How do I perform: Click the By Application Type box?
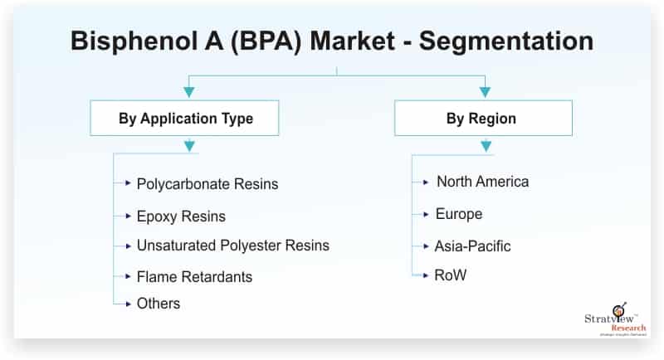click(184, 119)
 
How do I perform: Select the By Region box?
click(482, 119)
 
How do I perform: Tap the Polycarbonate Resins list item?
click(207, 183)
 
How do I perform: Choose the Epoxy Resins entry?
click(181, 216)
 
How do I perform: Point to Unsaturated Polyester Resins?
click(232, 246)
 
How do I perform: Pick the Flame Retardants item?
click(194, 276)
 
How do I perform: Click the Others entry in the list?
click(159, 304)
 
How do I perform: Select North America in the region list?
click(482, 182)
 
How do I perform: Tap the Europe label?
click(458, 214)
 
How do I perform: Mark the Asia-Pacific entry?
click(472, 246)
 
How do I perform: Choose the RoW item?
click(451, 275)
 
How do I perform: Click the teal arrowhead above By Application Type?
click(190, 91)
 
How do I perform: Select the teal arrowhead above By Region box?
click(486, 91)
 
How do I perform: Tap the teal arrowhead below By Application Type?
click(190, 147)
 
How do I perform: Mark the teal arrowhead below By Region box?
click(486, 147)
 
